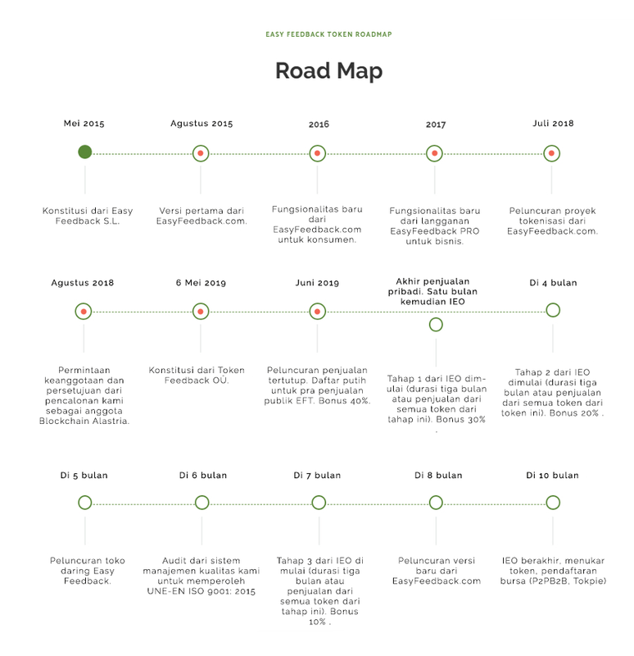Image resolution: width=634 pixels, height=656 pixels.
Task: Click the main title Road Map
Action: click(329, 71)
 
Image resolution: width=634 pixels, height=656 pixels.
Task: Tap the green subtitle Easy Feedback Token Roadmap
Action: click(328, 34)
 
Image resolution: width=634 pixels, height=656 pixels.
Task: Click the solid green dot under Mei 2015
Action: click(85, 152)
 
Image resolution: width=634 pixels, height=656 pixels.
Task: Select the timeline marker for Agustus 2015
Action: click(201, 153)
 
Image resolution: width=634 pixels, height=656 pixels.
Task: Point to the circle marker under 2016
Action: click(318, 153)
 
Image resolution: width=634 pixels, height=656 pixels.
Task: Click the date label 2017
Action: click(436, 125)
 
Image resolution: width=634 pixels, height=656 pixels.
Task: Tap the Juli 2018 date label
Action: click(553, 124)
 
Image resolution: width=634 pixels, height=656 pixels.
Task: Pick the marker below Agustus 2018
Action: click(84, 312)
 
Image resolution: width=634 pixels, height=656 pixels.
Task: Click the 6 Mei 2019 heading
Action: click(201, 283)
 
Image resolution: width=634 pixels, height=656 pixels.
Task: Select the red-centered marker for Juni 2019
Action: click(318, 312)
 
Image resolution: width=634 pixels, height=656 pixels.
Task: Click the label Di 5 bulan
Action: click(84, 476)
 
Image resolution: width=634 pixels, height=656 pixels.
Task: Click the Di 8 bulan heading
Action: click(438, 476)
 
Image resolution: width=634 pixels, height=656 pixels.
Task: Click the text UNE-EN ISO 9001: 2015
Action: click(201, 591)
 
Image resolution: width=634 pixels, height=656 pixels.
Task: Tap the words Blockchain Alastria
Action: click(84, 421)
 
